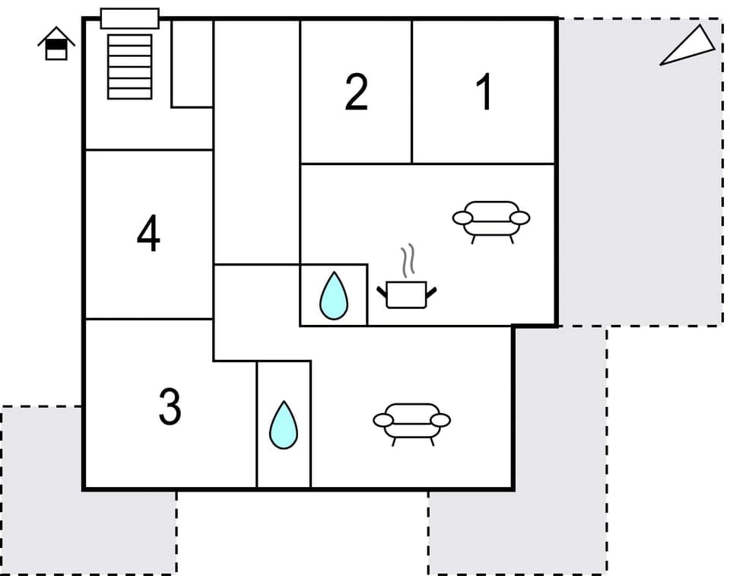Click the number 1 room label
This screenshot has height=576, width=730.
click(484, 93)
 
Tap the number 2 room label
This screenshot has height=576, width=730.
click(356, 93)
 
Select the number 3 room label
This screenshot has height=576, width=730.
click(170, 407)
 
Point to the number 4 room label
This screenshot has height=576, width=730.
click(148, 234)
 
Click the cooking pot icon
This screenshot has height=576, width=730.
click(407, 294)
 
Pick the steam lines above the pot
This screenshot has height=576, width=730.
click(408, 259)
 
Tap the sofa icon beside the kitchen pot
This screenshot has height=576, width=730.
click(491, 219)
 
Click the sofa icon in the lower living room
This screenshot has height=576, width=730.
click(411, 421)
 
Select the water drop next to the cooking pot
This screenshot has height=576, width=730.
click(334, 295)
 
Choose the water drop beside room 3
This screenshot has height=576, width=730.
click(284, 425)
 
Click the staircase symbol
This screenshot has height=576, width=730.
click(129, 66)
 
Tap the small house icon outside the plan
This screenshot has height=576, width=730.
click(56, 44)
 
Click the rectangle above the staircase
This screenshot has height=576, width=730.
click(129, 18)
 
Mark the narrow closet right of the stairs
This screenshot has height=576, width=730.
click(192, 63)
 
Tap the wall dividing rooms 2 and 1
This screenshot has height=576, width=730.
click(412, 91)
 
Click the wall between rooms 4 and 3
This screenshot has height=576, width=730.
click(148, 320)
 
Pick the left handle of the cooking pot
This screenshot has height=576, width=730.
click(382, 291)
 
